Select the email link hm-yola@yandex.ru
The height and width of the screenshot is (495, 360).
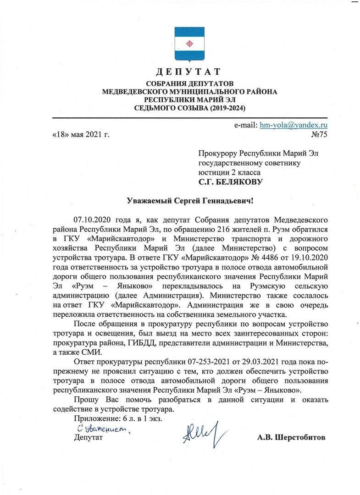[x=293, y=125]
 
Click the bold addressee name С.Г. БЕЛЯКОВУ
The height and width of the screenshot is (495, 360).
[x=231, y=182]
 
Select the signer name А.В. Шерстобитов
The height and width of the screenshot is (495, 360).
[x=291, y=437]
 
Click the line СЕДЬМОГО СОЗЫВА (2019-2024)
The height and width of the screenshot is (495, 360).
[x=189, y=109]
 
